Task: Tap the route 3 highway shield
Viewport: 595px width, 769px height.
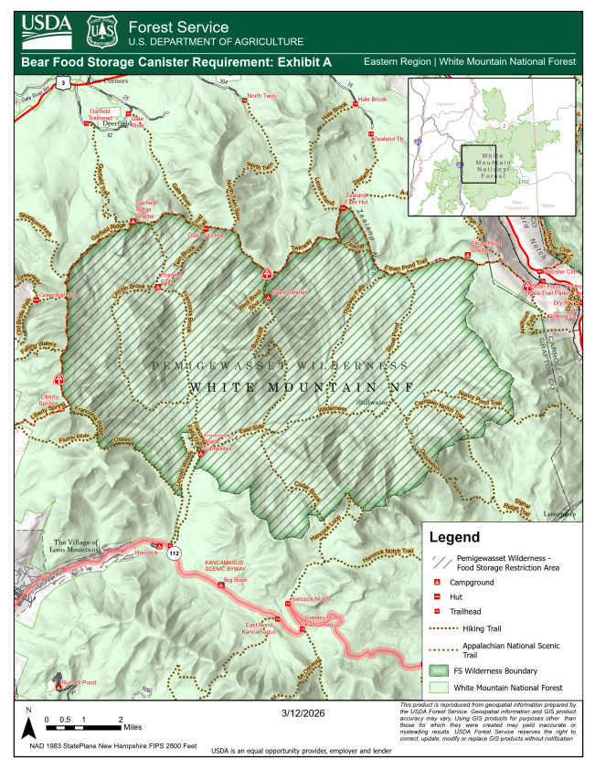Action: (x=62, y=83)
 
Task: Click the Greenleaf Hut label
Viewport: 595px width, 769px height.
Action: (x=57, y=295)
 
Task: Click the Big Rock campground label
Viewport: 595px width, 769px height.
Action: (x=236, y=580)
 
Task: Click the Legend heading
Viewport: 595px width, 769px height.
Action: (x=453, y=538)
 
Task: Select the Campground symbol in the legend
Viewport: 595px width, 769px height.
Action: (x=438, y=582)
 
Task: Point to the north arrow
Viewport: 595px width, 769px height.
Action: (x=28, y=722)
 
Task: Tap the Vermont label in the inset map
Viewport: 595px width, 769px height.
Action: (x=445, y=104)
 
